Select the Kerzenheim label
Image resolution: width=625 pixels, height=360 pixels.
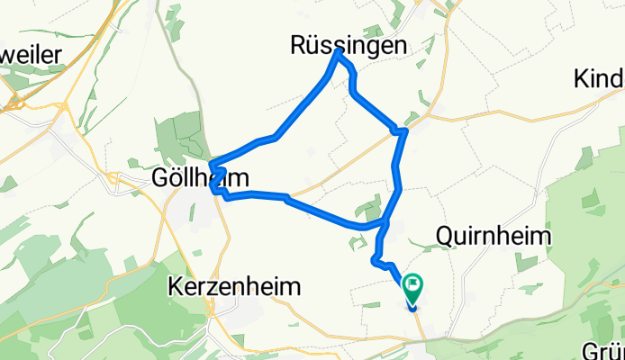(233, 286)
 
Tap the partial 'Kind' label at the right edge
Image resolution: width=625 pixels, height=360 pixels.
(599, 79)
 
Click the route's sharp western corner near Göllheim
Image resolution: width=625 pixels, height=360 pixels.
(211, 165)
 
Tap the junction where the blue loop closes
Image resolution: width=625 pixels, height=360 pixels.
(386, 221)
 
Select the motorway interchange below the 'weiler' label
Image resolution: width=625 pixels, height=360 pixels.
(16, 101)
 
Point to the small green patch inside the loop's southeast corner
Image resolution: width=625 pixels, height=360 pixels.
(370, 210)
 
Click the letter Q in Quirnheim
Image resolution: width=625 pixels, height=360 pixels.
(444, 235)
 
